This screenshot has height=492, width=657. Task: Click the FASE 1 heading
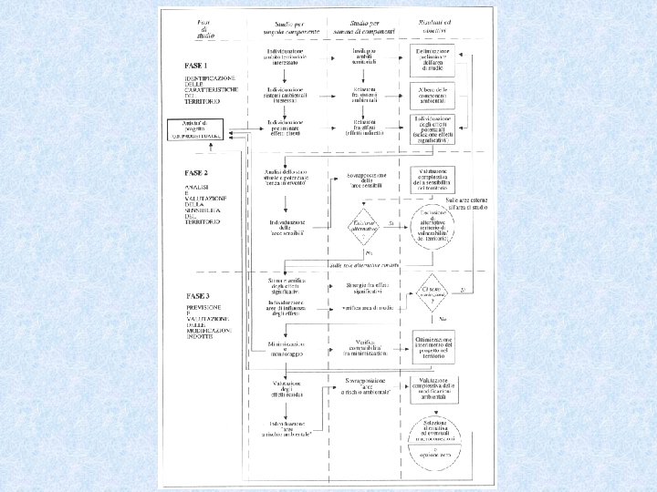tap(195, 67)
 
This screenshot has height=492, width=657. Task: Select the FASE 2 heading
tap(195, 171)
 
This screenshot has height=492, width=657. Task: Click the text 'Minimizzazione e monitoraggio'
tap(288, 347)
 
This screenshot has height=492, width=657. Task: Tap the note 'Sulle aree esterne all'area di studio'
tap(466, 203)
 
